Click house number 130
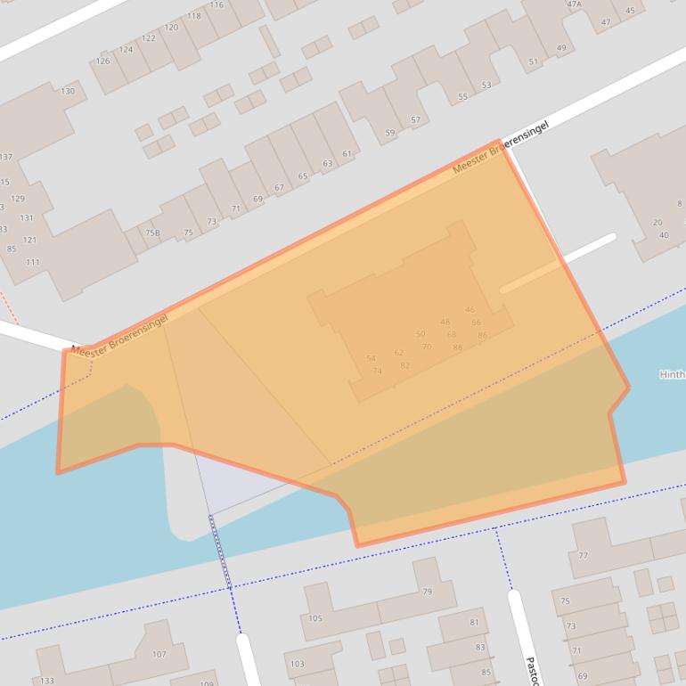[x=68, y=91]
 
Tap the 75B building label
[x=153, y=233]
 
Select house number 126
[x=103, y=61]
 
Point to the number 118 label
[x=194, y=16]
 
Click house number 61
[x=347, y=154]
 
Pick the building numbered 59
[x=390, y=133]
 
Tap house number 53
[x=486, y=86]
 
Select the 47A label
[x=574, y=4]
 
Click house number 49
[x=561, y=48]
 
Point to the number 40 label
[x=664, y=235]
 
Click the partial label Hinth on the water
[x=672, y=375]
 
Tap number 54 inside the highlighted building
[x=371, y=359]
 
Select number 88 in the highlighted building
[x=457, y=347]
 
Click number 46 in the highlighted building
[x=470, y=310]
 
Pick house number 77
[x=584, y=555]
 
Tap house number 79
[x=428, y=592]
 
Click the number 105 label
[x=315, y=618]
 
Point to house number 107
[x=159, y=654]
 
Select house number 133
[x=46, y=681]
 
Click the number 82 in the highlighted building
[x=404, y=365]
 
